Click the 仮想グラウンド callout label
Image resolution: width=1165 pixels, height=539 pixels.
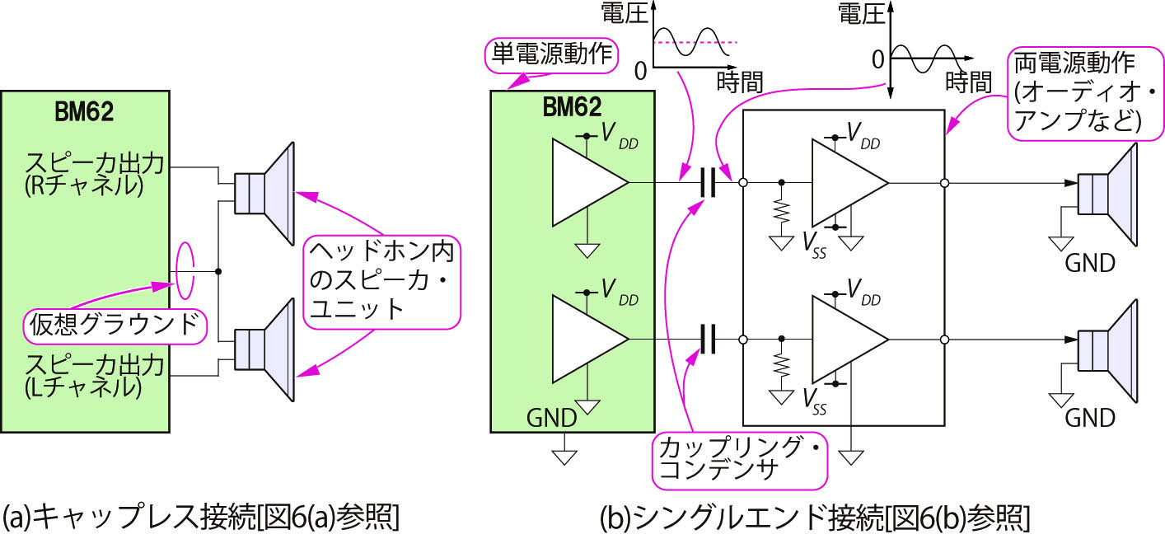[113, 323]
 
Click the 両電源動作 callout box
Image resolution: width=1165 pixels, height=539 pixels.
[1076, 92]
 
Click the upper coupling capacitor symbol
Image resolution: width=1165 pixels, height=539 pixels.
[706, 182]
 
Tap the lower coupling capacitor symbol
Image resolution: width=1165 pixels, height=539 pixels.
[706, 339]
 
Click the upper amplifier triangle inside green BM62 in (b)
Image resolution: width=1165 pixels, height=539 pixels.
[587, 182]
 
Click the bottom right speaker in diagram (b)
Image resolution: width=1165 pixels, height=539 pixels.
[1108, 348]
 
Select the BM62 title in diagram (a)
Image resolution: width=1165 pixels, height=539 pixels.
[85, 112]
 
